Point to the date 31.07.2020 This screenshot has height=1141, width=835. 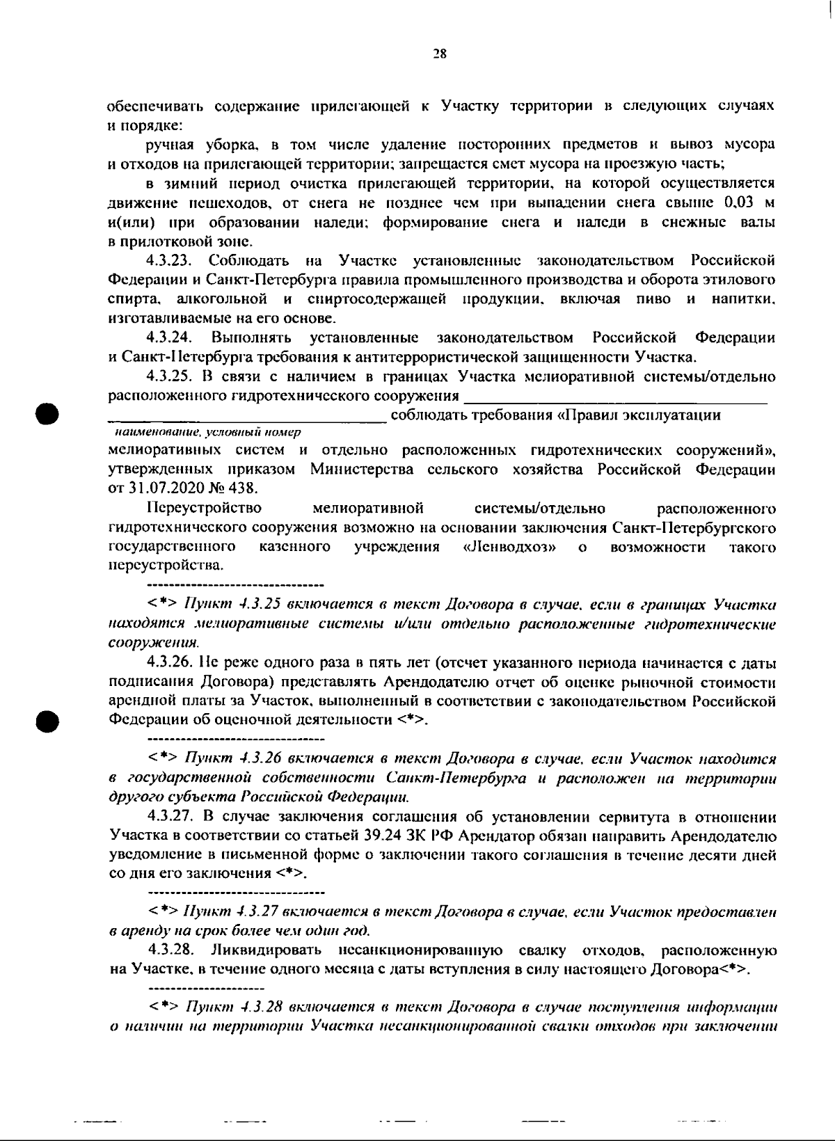pos(163,488)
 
